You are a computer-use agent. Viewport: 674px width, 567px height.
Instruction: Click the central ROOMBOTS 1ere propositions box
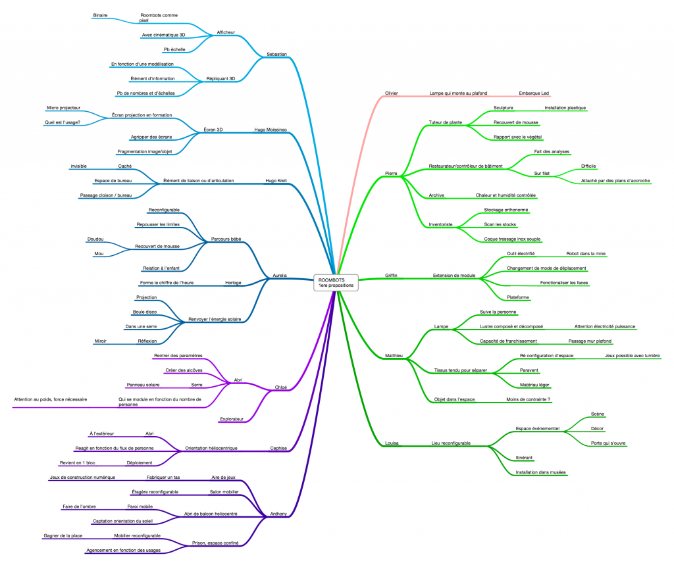pyautogui.click(x=336, y=283)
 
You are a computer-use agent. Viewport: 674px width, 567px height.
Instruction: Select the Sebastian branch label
pyautogui.click(x=276, y=54)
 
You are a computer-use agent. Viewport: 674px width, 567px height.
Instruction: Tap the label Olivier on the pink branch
pyautogui.click(x=391, y=93)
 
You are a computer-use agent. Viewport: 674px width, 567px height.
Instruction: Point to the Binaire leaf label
pyautogui.click(x=100, y=16)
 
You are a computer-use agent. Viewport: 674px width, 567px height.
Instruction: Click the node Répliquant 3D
pyautogui.click(x=220, y=79)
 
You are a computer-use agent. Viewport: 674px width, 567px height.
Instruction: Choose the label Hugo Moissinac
pyautogui.click(x=271, y=130)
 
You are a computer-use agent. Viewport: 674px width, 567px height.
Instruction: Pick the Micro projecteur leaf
pyautogui.click(x=63, y=108)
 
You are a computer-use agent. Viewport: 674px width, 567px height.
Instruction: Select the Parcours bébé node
pyautogui.click(x=226, y=239)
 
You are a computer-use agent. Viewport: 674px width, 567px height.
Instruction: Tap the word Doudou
pyautogui.click(x=95, y=239)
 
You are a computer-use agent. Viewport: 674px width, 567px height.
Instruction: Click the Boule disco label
pyautogui.click(x=145, y=312)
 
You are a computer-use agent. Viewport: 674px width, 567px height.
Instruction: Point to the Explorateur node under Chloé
pyautogui.click(x=232, y=419)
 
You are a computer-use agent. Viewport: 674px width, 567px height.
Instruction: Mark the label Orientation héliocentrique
pyautogui.click(x=211, y=448)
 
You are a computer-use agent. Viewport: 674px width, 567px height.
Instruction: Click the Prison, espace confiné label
pyautogui.click(x=215, y=543)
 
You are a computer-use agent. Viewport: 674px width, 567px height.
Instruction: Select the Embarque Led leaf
pyautogui.click(x=534, y=93)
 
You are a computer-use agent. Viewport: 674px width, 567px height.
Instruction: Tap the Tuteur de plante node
pyautogui.click(x=446, y=122)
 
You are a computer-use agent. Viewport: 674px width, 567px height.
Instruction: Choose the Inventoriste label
pyautogui.click(x=440, y=224)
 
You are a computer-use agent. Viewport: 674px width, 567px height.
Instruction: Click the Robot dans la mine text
pyautogui.click(x=586, y=253)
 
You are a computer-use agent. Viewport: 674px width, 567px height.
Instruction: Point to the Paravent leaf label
pyautogui.click(x=529, y=370)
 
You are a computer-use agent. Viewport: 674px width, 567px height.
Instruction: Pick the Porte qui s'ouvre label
pyautogui.click(x=608, y=443)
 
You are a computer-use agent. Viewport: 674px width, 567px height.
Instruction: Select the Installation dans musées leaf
pyautogui.click(x=541, y=472)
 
